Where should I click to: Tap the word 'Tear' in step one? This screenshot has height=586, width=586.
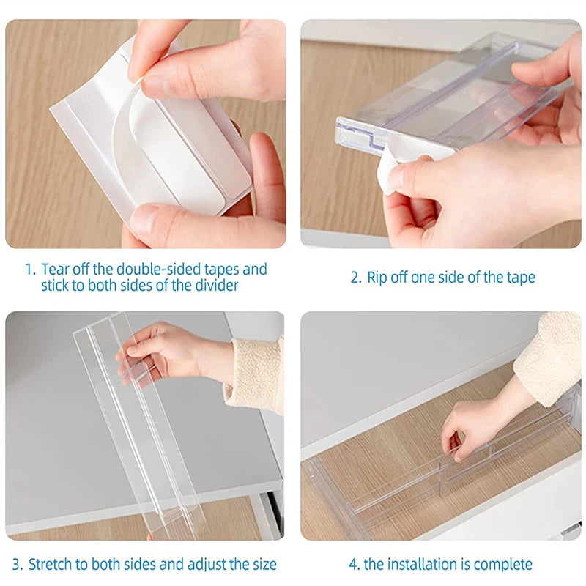[56, 270]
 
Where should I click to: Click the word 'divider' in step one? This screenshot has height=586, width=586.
[215, 286]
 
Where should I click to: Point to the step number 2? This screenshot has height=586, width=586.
[355, 278]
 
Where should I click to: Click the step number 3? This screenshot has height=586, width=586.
[17, 564]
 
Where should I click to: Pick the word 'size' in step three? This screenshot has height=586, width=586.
[263, 564]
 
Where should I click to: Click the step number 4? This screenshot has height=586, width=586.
[354, 564]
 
